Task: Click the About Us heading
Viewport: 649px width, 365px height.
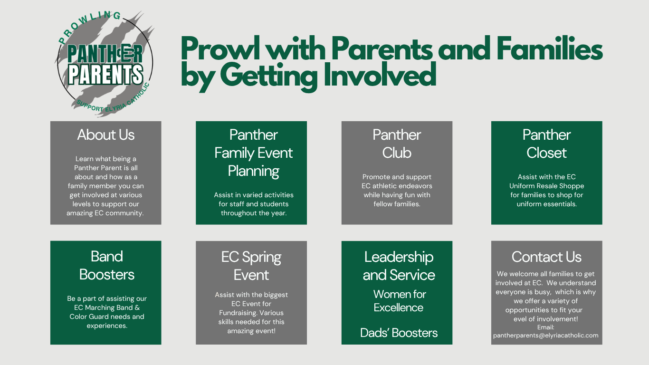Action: (106, 135)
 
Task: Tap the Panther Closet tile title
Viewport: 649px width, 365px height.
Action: (546, 144)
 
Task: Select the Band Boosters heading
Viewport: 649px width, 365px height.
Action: (106, 266)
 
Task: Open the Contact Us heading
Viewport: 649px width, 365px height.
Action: (546, 257)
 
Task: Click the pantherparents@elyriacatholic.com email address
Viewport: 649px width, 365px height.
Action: (545, 336)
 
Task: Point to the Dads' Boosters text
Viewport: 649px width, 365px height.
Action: (399, 333)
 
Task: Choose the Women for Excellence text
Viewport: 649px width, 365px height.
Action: (399, 301)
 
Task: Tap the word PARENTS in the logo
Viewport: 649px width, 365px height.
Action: (105, 75)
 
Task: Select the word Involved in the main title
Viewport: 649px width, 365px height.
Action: (380, 74)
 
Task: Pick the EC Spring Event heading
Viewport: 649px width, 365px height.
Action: (251, 266)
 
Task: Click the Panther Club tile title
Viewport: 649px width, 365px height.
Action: (397, 144)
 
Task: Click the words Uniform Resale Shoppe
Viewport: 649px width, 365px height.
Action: (546, 186)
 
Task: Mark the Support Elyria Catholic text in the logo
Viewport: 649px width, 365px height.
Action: (113, 100)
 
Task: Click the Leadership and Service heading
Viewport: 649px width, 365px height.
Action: (399, 266)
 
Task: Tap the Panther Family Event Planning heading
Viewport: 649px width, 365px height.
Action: (254, 153)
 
